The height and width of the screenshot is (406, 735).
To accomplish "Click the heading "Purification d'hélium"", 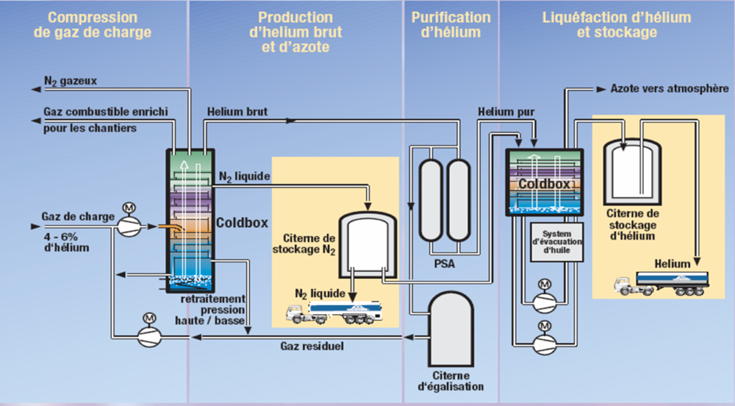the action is [x=451, y=25].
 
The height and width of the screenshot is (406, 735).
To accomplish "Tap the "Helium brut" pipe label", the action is [x=237, y=111].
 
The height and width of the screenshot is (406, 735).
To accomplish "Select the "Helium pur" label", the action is [x=506, y=112].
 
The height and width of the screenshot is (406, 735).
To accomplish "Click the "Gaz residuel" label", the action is [x=312, y=346].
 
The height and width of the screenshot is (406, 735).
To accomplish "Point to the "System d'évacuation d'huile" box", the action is [x=557, y=242].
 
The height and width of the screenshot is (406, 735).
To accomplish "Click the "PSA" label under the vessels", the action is [x=444, y=264].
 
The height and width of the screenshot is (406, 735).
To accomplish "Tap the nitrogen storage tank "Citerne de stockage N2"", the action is [x=367, y=244].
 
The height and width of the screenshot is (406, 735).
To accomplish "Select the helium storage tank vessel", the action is [x=632, y=171].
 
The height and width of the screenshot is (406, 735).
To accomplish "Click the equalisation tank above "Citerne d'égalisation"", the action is [x=451, y=329].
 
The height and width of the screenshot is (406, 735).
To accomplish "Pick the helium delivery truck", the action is [x=661, y=283].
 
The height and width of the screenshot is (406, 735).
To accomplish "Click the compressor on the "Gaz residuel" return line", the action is [x=149, y=336].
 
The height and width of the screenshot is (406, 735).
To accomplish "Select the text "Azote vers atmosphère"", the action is [x=670, y=88].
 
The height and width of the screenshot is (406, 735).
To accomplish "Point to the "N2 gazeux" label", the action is [x=70, y=81].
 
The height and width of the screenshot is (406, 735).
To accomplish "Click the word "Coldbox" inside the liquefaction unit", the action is [x=544, y=184].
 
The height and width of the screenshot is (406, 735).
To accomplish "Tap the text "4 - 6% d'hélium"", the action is [x=66, y=242].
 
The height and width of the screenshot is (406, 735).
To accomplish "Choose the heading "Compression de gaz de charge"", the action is [x=93, y=25].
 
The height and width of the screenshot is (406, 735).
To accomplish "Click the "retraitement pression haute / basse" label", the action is [x=210, y=310].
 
